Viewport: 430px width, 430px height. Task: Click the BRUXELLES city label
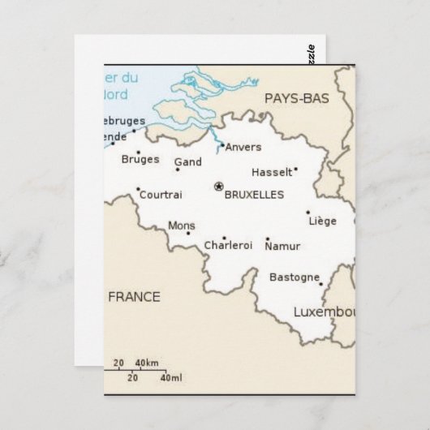point(254,196)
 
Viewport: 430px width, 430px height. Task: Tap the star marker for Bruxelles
point(218,187)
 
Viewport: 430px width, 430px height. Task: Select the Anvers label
point(243,148)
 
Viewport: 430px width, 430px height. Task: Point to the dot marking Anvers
point(222,145)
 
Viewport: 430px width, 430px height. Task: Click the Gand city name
point(188,162)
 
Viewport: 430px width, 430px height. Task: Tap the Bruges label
point(140,160)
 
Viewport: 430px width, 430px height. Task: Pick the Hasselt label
point(271,173)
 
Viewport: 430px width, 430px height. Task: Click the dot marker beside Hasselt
point(295,169)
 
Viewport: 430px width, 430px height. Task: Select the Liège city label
point(323,221)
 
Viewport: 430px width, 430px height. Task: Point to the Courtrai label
point(161,195)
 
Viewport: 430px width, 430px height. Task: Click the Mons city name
point(181,226)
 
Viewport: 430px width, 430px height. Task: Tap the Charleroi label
point(228,246)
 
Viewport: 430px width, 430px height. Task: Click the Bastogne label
point(295,277)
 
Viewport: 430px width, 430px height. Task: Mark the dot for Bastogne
point(320,284)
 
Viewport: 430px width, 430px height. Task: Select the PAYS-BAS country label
point(297,98)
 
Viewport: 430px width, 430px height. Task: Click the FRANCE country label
point(134,296)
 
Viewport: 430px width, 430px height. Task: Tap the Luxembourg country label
point(325,312)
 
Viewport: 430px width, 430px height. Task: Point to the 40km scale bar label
point(146,362)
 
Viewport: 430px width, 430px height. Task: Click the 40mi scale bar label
point(171,378)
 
